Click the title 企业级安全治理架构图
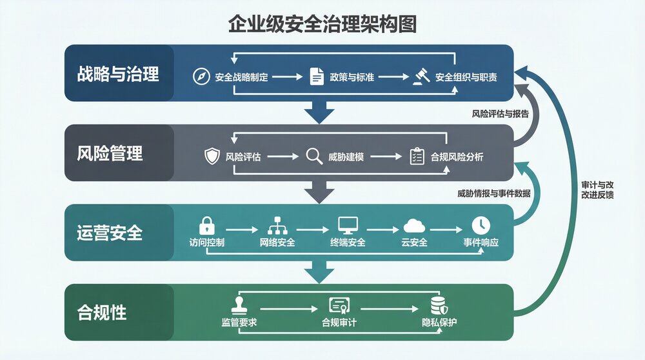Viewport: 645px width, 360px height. coord(322,24)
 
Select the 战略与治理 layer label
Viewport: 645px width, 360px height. coord(117,74)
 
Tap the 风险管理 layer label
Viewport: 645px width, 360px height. coord(110,154)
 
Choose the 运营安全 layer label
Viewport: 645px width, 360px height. coord(110,232)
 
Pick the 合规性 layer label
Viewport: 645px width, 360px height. coord(102,313)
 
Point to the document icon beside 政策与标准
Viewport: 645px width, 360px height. coord(316,76)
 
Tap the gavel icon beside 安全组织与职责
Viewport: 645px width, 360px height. coord(421,76)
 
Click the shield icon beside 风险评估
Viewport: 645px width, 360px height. coord(212,156)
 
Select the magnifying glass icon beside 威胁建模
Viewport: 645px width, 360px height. coord(314,156)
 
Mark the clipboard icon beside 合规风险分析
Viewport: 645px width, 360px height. coord(417,156)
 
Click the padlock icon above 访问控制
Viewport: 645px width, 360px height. coord(206,225)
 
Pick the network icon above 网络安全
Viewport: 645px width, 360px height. coord(276,225)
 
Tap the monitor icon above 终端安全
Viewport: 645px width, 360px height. coord(348,225)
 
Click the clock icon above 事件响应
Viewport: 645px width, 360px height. coord(481,225)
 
